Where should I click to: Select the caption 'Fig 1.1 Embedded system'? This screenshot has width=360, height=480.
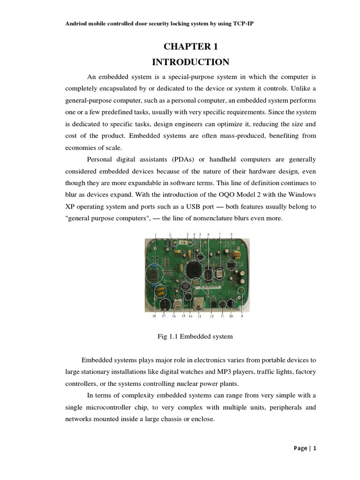point(193,337)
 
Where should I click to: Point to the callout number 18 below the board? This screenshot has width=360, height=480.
point(154,317)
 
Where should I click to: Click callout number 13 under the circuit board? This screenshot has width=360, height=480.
point(199,317)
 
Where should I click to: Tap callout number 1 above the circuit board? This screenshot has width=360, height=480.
point(156,234)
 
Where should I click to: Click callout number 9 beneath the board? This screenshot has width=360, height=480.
point(242,316)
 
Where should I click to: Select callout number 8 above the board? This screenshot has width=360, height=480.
point(232,234)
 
